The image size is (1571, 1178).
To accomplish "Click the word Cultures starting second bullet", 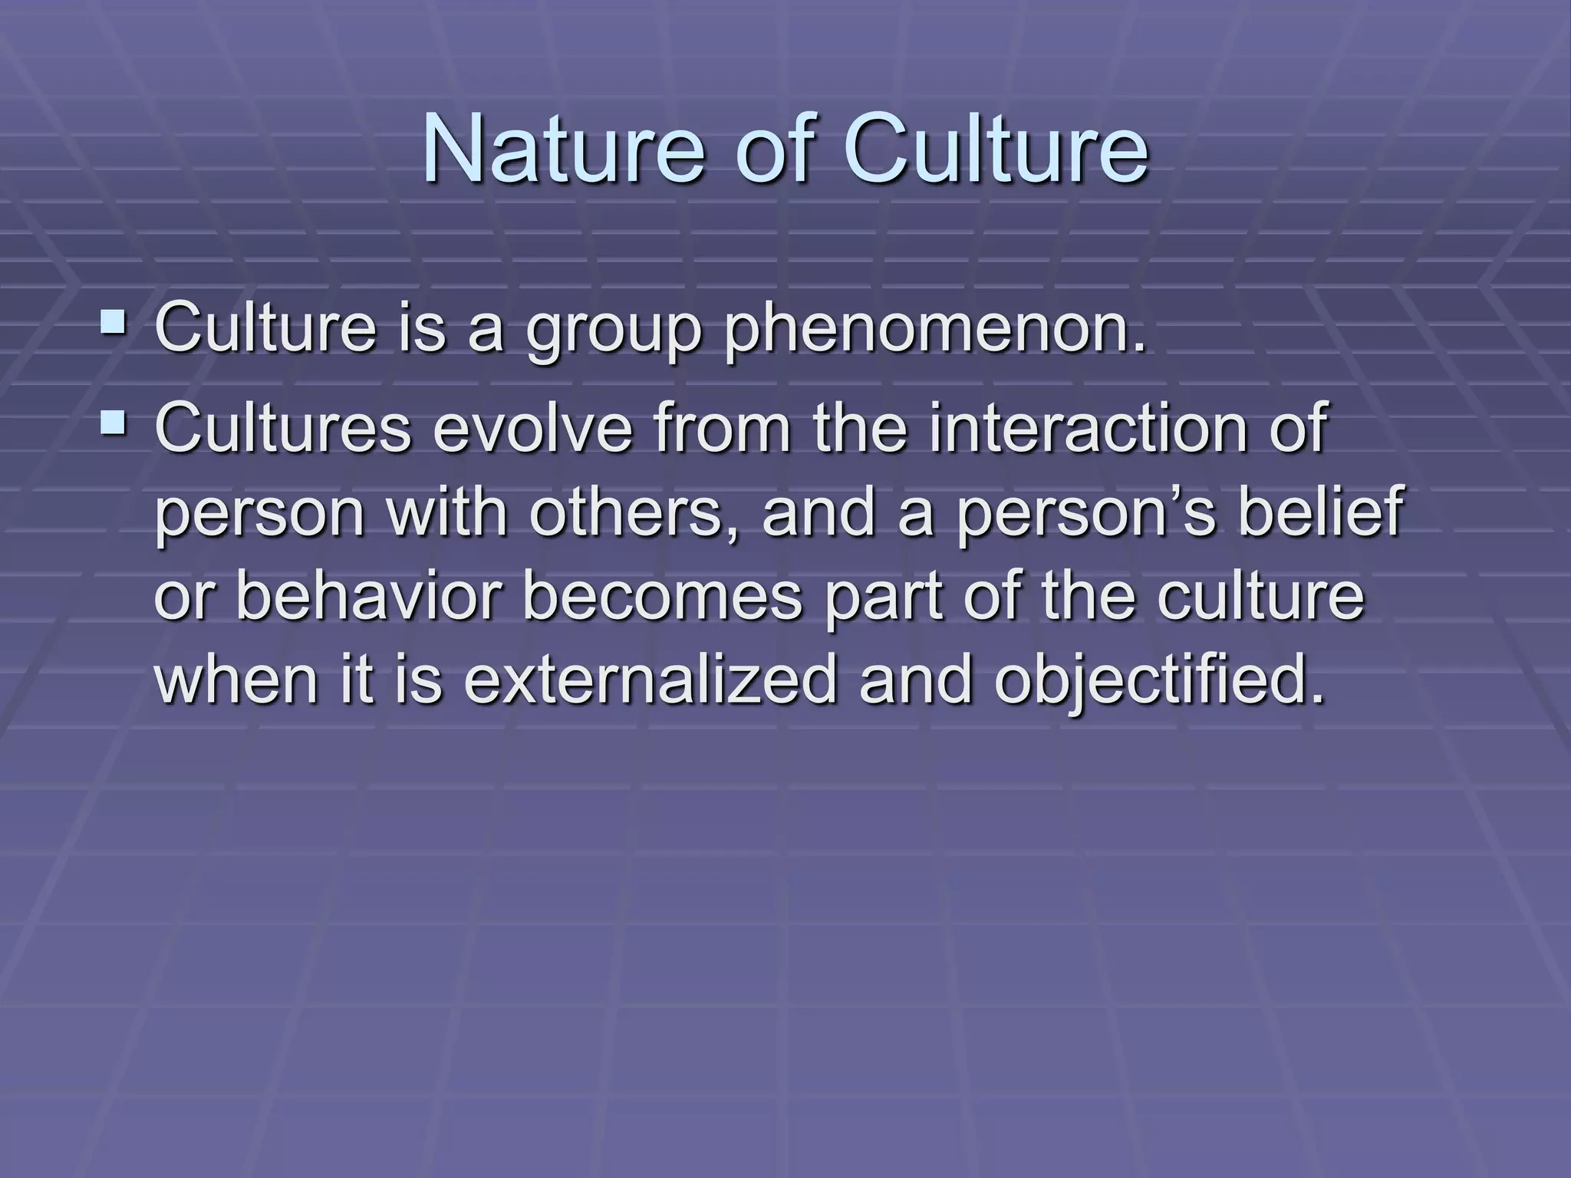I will (283, 429).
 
